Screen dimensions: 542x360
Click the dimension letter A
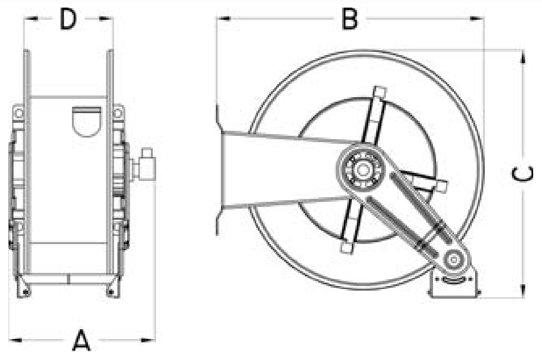81,340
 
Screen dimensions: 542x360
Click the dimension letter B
350,19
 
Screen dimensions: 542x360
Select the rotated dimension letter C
522,174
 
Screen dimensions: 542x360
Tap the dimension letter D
68,19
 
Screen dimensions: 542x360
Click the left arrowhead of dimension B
223,19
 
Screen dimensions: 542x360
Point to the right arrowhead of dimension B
477,19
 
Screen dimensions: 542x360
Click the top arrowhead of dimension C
523,57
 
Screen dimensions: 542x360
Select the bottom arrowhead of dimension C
523,291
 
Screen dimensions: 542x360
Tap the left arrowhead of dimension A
16,340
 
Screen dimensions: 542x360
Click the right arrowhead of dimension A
148,340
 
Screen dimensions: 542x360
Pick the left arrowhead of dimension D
31,19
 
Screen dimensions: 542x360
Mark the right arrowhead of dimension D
106,19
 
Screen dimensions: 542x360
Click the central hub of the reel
363,170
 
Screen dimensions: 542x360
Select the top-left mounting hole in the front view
19,113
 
